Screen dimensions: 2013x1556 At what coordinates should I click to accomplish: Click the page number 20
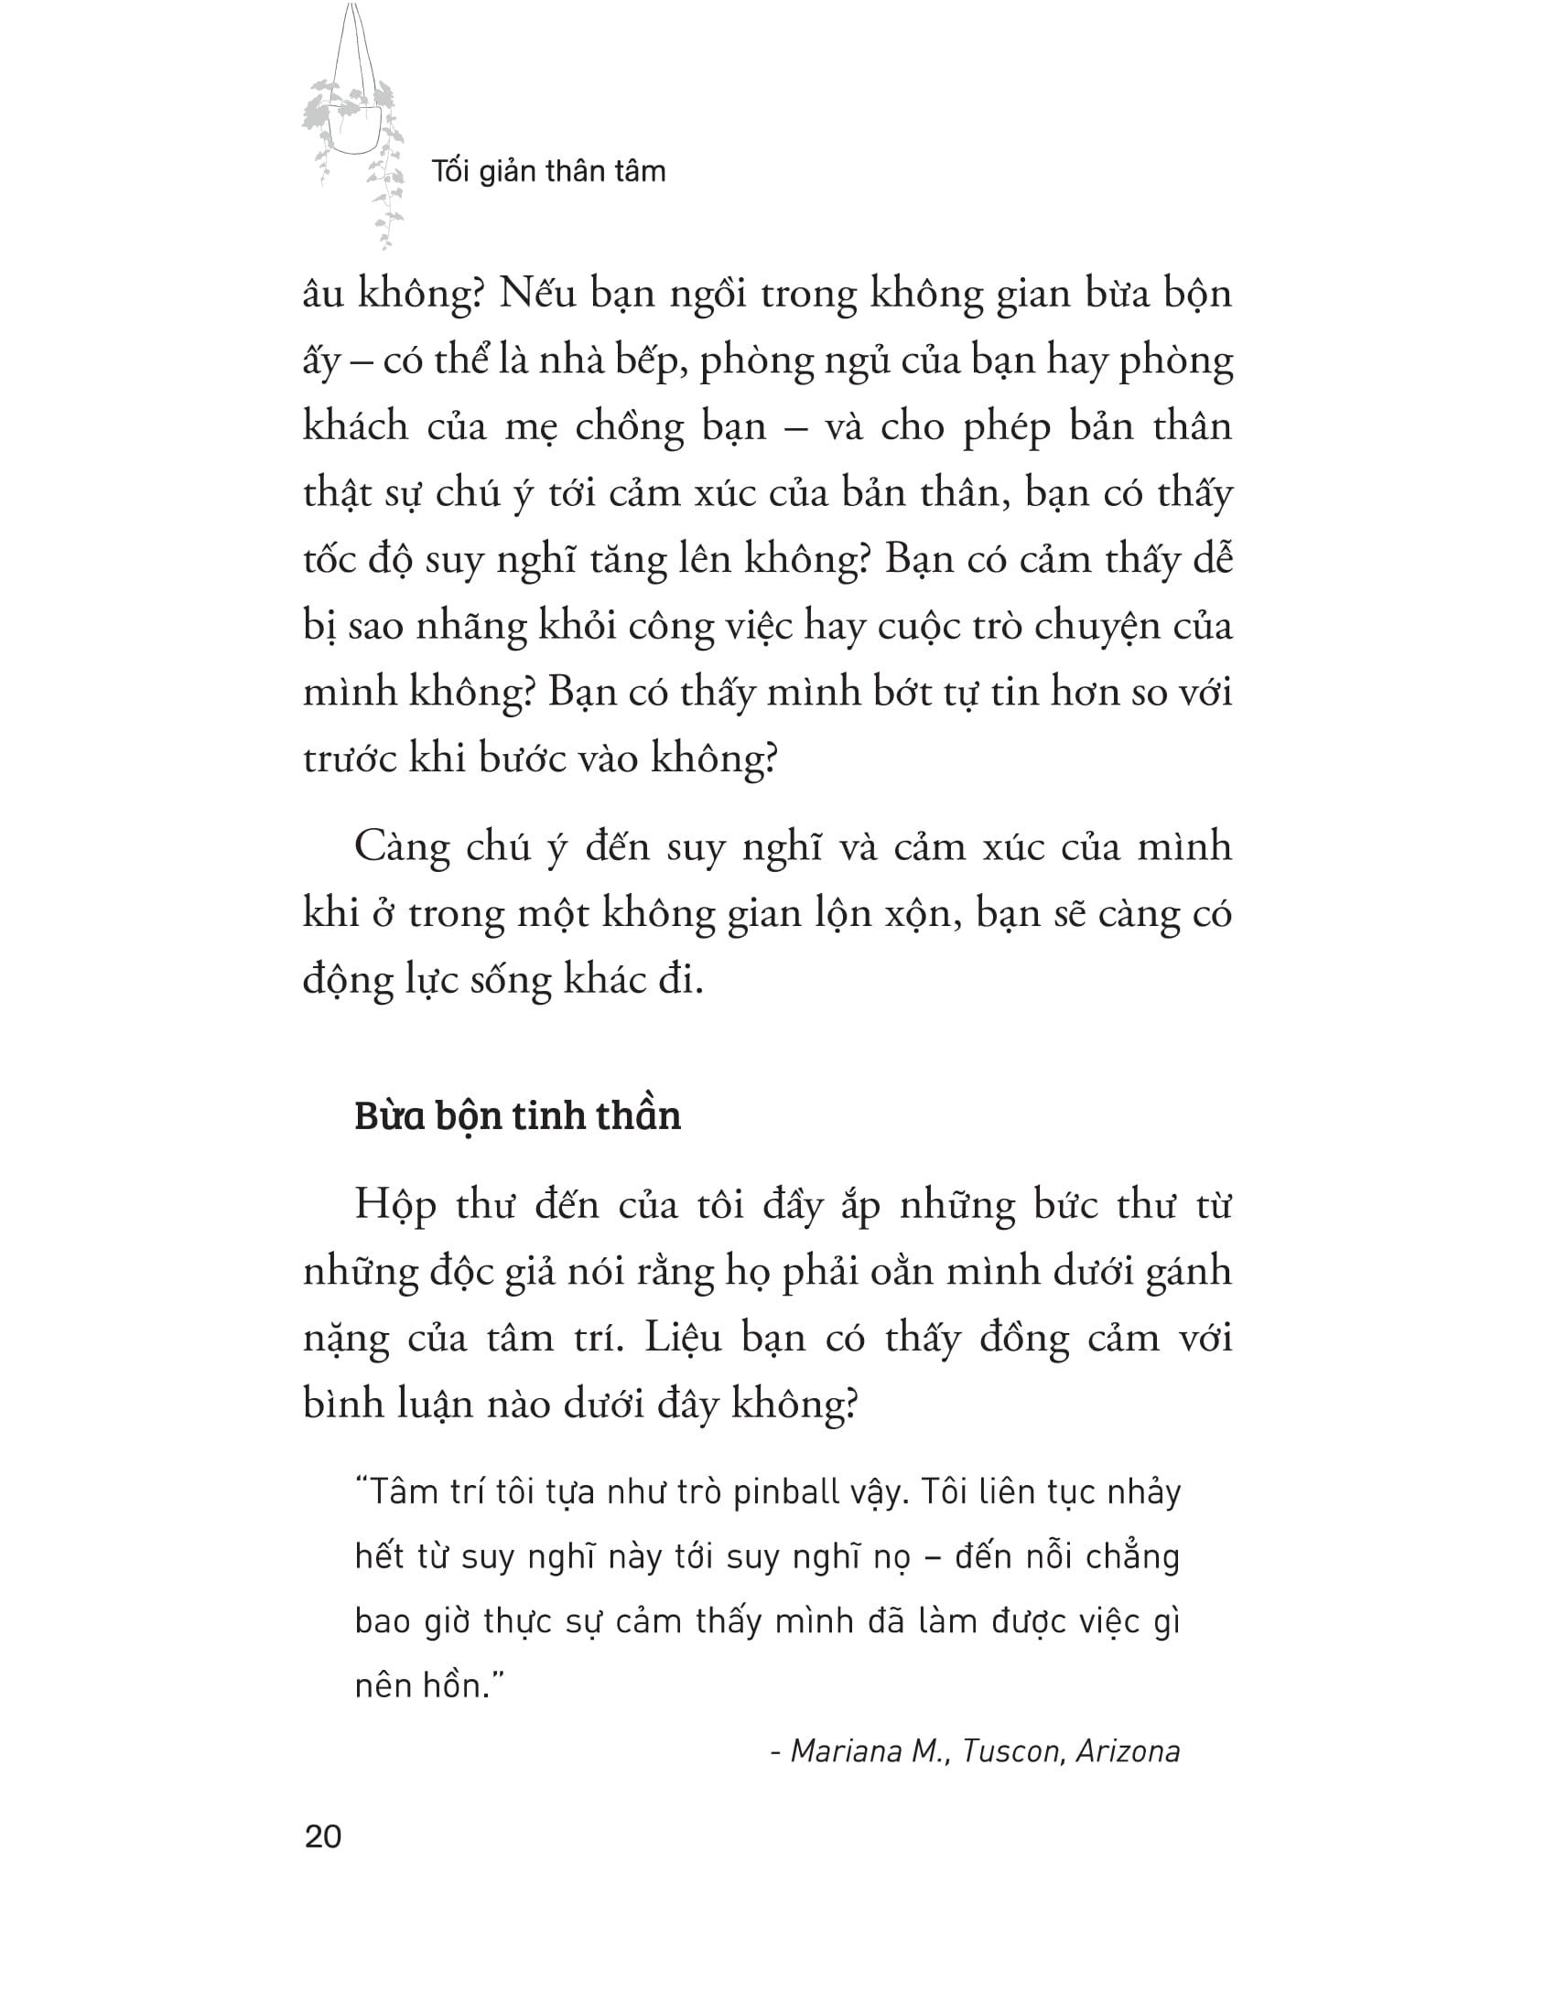(322, 1836)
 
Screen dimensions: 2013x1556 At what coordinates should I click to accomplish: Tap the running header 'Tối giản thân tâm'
(547, 171)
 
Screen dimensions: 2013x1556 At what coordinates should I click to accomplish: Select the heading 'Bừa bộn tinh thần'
(517, 1116)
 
